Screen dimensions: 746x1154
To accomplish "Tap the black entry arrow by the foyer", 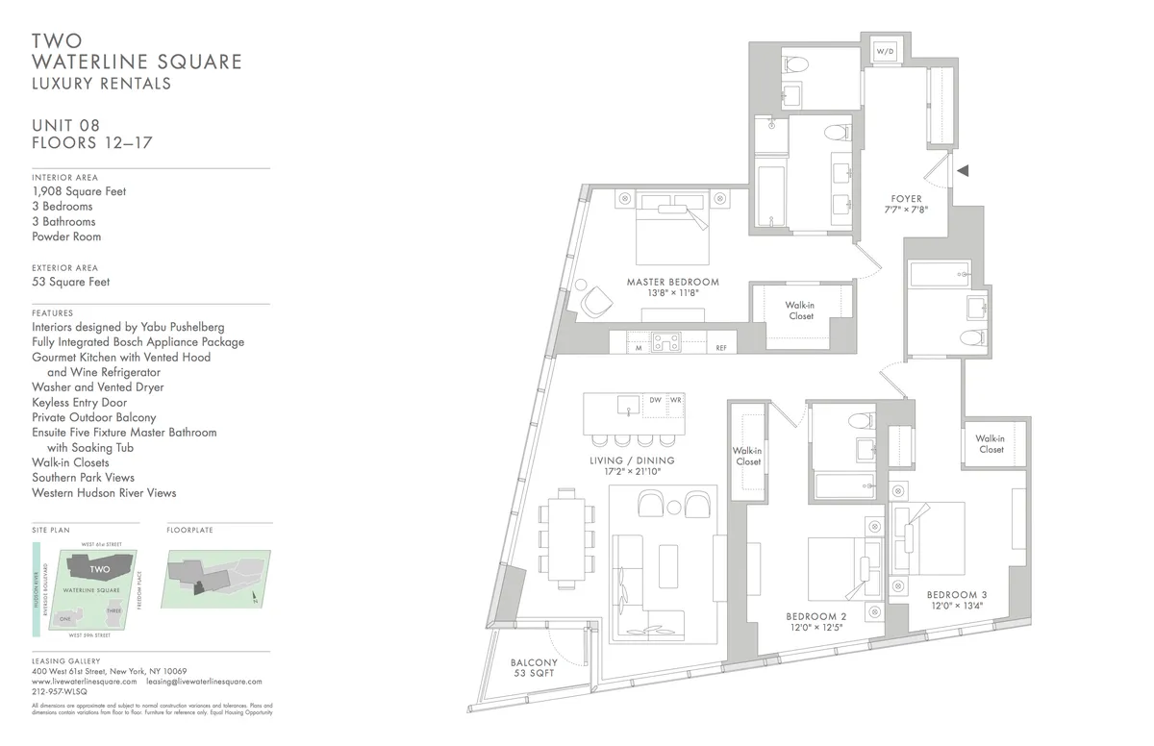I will tap(962, 170).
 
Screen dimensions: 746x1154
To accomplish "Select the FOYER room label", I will tap(906, 199).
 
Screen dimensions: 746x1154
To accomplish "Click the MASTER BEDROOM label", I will tap(672, 283).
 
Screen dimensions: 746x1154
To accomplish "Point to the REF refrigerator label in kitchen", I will tap(720, 348).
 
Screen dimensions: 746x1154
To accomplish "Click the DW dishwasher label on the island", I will tap(655, 400).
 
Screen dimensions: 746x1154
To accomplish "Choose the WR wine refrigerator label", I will tap(676, 400).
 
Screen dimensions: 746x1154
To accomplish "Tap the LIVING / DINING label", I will tap(632, 460).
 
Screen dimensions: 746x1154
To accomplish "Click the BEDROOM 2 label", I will tap(815, 616).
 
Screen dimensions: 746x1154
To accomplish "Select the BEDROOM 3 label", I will tap(958, 595).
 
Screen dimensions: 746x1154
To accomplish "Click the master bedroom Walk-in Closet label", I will tap(800, 311).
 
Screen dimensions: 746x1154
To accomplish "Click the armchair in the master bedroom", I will tap(596, 302).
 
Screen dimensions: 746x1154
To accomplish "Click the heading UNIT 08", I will tap(65, 125).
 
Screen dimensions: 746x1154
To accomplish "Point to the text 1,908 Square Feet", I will tap(79, 191).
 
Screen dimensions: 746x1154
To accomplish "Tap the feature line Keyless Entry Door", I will tap(79, 402).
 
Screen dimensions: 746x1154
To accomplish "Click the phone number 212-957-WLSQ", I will tap(60, 690).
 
